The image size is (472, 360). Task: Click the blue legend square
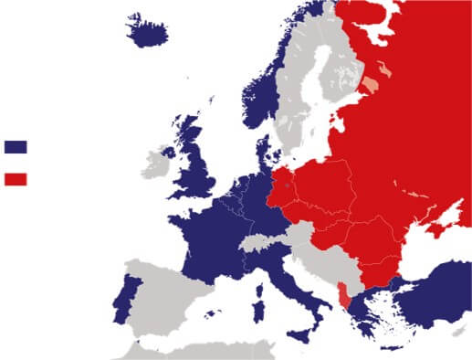point(16,146)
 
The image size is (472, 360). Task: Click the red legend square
point(16,179)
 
